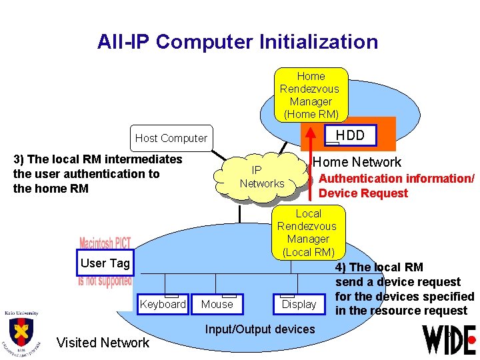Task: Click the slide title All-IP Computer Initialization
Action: (x=237, y=42)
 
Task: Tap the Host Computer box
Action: (x=171, y=138)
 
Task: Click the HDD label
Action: (x=350, y=135)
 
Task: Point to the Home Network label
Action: (x=357, y=162)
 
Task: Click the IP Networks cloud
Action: (x=262, y=177)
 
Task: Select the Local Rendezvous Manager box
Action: (x=308, y=233)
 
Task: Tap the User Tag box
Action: (x=105, y=263)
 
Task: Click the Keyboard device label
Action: (x=163, y=304)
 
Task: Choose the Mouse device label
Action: (x=217, y=304)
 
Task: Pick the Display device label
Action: (x=299, y=304)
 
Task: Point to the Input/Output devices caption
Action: (x=260, y=329)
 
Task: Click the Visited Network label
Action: (x=103, y=343)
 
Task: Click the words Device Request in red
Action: (x=363, y=193)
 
